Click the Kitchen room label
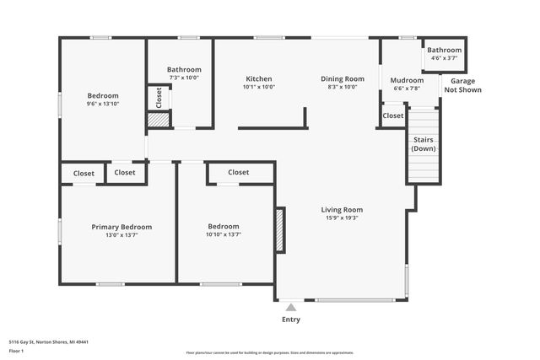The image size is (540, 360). pos(258,78)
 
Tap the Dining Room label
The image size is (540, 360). pos(342,78)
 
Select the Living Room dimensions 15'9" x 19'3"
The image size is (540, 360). pos(342,218)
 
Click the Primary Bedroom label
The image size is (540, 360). pos(121,226)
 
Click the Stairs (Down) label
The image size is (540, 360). pos(423,144)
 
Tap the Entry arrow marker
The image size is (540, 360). pos(290,308)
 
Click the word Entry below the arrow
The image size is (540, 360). pos(290,320)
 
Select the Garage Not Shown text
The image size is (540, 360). pos(460,85)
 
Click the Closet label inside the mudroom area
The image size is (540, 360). pos(393,116)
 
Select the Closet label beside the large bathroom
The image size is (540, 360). pos(159,98)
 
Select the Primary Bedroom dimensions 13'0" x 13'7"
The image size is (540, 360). pos(121,235)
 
